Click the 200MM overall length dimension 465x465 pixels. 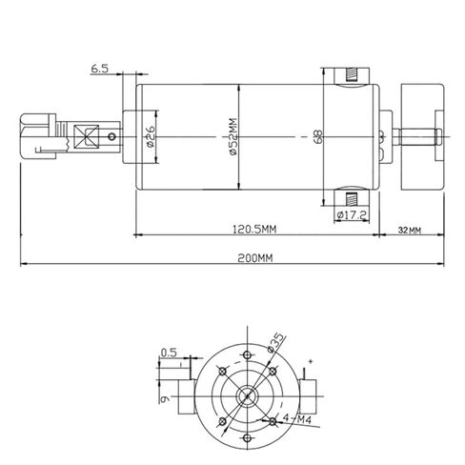click(x=232, y=256)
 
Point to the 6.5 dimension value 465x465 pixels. click(x=100, y=69)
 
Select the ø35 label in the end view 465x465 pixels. click(x=277, y=341)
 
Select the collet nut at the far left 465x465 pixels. click(x=36, y=137)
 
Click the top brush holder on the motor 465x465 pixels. click(x=351, y=75)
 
